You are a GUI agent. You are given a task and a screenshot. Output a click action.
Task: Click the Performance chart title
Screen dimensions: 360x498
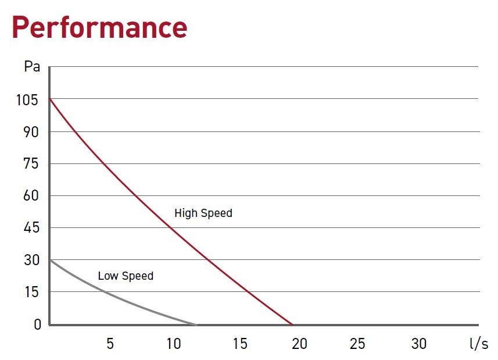click(x=99, y=27)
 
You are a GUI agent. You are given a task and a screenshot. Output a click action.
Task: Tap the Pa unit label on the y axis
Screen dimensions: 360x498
click(x=32, y=66)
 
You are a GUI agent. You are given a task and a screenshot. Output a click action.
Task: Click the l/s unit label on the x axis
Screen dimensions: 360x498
click(x=478, y=344)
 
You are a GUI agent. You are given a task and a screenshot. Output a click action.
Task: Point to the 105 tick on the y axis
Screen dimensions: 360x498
click(x=27, y=100)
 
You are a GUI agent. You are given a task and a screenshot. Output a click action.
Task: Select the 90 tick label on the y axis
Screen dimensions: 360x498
click(x=30, y=132)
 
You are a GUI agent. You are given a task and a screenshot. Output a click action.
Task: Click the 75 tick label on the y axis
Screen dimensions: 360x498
click(x=30, y=164)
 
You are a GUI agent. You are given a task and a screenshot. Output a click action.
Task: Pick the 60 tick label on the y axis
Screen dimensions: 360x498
click(x=30, y=196)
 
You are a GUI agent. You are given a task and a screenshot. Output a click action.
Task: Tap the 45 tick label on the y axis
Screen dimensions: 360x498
click(x=30, y=228)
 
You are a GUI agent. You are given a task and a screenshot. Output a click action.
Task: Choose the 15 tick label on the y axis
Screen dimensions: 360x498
click(x=30, y=292)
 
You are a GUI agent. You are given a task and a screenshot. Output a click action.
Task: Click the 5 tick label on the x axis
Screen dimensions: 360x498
click(x=110, y=344)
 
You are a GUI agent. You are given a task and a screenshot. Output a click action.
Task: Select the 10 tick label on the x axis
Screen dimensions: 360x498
click(x=173, y=344)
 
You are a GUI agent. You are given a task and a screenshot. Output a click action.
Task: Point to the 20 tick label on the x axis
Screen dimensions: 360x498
click(x=299, y=344)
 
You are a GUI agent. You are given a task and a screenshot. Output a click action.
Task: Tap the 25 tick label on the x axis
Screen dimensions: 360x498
click(x=357, y=344)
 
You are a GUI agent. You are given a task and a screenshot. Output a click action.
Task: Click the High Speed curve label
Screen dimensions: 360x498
click(x=203, y=213)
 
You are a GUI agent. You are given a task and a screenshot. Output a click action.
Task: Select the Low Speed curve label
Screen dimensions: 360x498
click(x=126, y=276)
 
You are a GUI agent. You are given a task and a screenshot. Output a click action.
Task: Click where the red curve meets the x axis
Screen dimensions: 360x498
click(x=292, y=324)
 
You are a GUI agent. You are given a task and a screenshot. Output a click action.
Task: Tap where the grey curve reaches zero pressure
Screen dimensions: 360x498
click(x=196, y=324)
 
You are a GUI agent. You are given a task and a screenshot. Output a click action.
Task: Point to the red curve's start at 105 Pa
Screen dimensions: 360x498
click(x=51, y=99)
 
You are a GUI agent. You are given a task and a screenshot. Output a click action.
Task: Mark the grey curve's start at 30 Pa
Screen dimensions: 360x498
click(x=51, y=260)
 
